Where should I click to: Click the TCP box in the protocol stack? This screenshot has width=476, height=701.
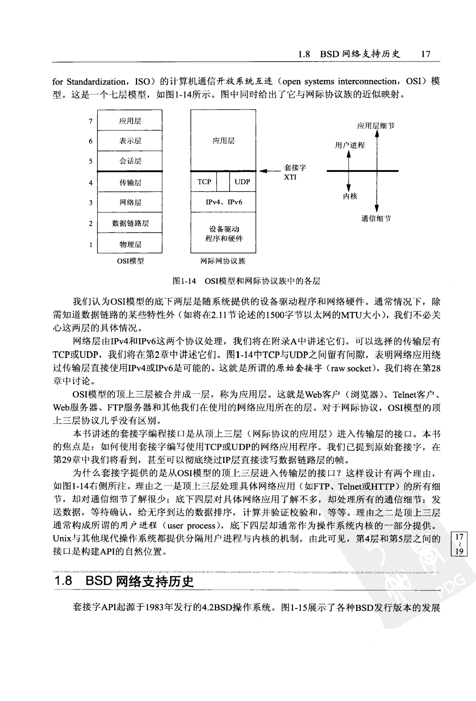tap(204, 182)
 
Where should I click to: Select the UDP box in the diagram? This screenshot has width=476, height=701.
tap(242, 182)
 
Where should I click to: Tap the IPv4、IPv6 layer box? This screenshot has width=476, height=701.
tap(223, 202)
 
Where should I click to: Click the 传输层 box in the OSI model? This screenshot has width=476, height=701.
tap(130, 183)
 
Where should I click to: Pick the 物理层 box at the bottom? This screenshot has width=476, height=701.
tap(130, 244)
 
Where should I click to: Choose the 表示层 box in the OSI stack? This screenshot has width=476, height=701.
tap(130, 141)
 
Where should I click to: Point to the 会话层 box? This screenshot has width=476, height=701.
tap(130, 161)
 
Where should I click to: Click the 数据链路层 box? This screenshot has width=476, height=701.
tap(130, 223)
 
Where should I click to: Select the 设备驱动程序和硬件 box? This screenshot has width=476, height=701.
tap(223, 234)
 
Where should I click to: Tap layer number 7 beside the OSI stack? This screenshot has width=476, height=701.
tap(91, 121)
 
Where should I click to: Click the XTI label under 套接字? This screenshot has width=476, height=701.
tap(291, 177)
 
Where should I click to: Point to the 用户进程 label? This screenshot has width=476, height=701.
tap(350, 145)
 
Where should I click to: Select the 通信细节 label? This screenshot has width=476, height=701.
tap(376, 218)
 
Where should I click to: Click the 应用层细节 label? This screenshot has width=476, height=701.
tap(376, 126)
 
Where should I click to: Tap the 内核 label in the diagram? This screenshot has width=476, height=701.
tap(350, 196)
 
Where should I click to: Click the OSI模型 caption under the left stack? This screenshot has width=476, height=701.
tap(130, 261)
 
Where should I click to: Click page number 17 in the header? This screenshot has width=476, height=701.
tap(426, 54)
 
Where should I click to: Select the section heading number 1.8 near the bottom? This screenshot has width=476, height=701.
tap(63, 581)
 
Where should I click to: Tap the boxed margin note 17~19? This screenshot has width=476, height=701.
tap(460, 544)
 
